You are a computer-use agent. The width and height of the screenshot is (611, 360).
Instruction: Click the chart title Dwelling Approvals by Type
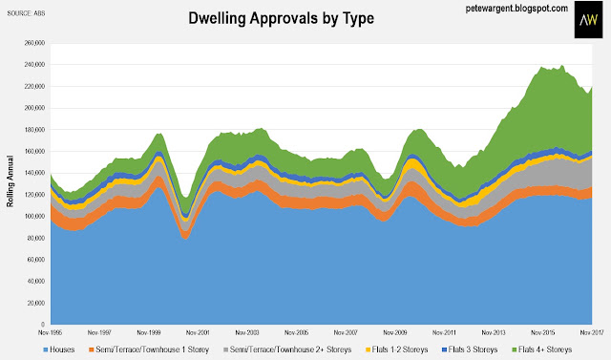click(281, 18)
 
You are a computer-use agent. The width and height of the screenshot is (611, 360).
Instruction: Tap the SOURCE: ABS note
click(26, 13)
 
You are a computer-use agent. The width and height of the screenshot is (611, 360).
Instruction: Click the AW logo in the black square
click(588, 19)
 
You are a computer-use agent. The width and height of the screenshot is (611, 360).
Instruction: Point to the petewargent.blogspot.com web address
click(516, 9)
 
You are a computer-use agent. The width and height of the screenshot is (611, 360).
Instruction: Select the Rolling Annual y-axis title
click(11, 181)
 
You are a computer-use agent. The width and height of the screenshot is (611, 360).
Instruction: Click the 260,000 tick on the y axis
click(35, 43)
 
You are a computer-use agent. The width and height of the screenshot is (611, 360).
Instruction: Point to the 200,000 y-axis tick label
click(35, 108)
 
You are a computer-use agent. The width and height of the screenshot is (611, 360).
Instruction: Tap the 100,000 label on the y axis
click(35, 216)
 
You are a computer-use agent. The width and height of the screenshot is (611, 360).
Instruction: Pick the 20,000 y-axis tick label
click(36, 303)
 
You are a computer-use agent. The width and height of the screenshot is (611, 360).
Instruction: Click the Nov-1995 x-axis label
click(50, 332)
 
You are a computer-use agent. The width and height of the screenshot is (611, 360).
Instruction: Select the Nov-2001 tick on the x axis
click(198, 332)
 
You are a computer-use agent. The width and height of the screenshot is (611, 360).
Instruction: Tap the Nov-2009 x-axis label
click(394, 332)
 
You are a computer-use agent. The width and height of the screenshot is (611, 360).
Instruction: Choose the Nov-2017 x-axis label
click(592, 332)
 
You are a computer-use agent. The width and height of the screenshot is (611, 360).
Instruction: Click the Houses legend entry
click(59, 349)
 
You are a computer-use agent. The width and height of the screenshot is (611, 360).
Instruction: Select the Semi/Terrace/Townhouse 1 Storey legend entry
click(149, 349)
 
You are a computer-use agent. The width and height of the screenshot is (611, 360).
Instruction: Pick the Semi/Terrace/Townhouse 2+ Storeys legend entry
click(287, 349)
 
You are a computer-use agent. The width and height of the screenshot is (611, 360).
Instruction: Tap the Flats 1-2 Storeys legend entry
click(397, 349)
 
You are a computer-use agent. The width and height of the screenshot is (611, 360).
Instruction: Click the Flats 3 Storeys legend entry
click(470, 349)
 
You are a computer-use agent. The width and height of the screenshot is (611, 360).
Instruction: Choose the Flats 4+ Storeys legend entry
click(542, 349)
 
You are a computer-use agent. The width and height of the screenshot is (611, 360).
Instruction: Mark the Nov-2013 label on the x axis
click(494, 332)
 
